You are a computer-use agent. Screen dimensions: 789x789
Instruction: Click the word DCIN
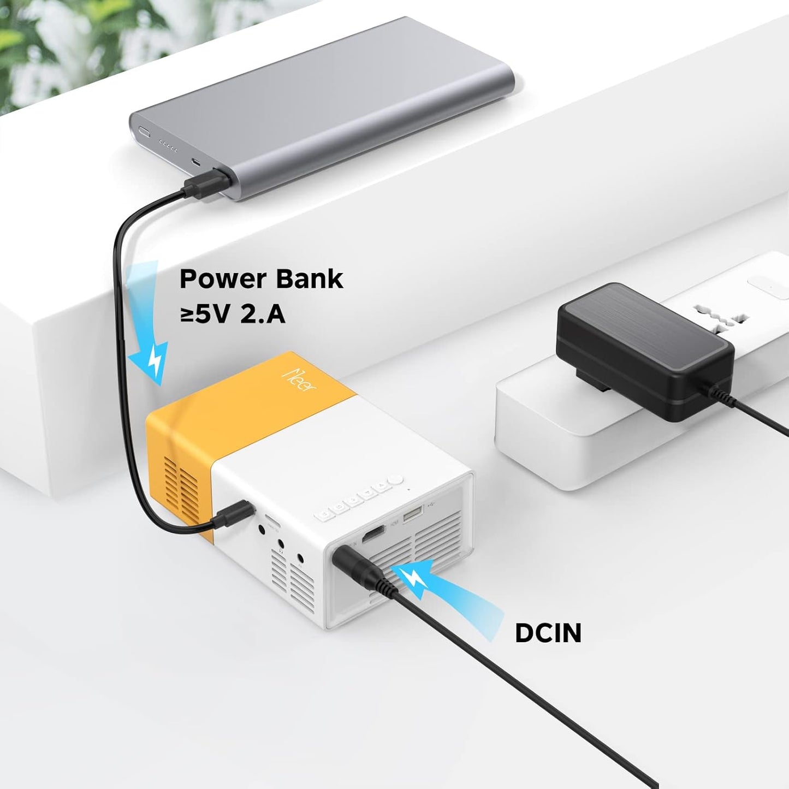click(548, 633)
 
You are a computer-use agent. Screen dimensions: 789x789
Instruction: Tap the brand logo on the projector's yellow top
click(301, 378)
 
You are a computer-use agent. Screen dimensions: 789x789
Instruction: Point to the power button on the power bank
click(144, 131)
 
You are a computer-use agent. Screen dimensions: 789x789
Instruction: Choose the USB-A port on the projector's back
click(412, 514)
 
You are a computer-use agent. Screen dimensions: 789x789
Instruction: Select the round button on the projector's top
click(398, 480)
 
